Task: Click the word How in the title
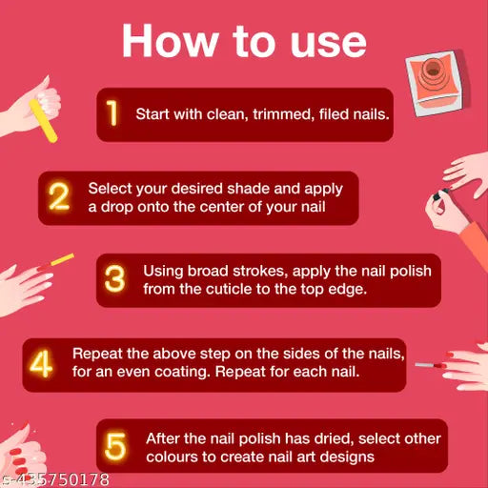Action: pos(171,41)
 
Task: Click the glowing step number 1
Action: pos(112,112)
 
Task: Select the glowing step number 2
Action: pos(59,196)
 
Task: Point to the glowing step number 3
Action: pos(114,278)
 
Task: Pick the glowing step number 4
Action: pos(41,363)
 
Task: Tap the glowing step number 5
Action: pos(115,446)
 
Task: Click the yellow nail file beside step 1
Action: pos(43,121)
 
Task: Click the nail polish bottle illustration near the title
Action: pos(435,83)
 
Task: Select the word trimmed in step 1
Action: pos(282,114)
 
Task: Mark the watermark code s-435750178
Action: pos(54,479)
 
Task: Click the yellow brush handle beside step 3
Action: pos(63,259)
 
